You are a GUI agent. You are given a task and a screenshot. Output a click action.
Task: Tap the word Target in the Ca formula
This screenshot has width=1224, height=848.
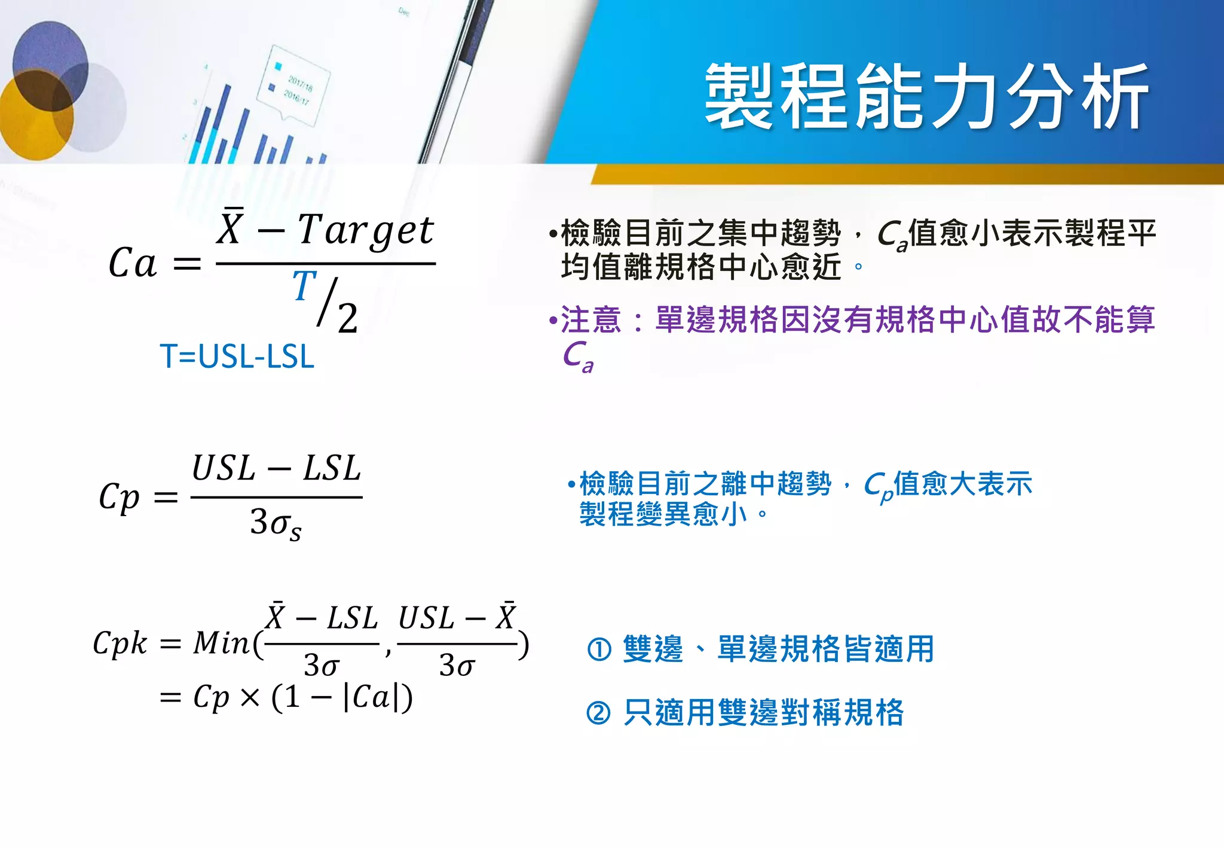coord(366,231)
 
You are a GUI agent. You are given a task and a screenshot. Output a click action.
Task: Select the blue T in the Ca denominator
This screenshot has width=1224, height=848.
coord(304,286)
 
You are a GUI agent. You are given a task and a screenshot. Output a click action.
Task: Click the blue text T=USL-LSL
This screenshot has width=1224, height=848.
coord(237,357)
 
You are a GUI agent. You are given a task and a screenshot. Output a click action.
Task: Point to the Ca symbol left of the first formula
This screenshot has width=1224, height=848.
coord(133,263)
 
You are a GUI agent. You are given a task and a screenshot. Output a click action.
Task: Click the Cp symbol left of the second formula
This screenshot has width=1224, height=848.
coord(119,497)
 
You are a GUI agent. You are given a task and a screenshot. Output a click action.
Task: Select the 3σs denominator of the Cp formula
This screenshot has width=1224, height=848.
coord(276,523)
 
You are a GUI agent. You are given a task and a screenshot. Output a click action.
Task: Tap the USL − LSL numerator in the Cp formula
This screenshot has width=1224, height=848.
coord(276,468)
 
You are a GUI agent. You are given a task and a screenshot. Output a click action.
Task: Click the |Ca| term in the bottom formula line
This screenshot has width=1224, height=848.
coord(371,697)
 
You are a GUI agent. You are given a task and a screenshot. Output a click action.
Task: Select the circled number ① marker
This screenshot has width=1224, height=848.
coord(599,649)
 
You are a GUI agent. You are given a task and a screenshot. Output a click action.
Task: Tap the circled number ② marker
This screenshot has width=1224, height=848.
coord(599,713)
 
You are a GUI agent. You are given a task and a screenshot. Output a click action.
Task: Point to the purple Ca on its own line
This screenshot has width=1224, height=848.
coord(577,356)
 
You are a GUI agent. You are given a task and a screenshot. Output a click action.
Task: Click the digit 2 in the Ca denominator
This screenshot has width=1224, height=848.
coord(347,318)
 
